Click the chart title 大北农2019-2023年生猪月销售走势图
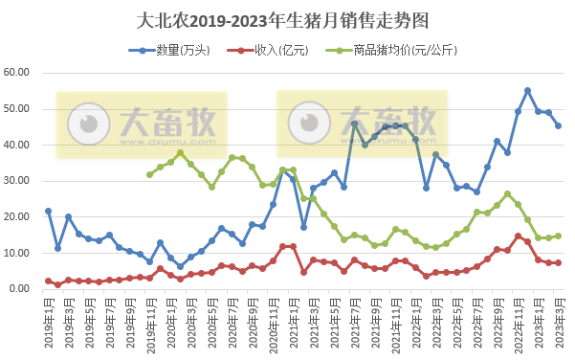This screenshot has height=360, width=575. click(287, 20)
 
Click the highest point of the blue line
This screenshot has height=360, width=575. click(527, 91)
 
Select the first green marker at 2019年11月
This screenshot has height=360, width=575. click(149, 174)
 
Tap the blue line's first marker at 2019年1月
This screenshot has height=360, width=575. click(48, 211)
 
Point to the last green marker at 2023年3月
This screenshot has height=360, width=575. click(558, 236)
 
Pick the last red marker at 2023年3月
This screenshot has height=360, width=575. click(558, 262)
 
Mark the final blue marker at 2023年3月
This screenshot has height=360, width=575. click(558, 125)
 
